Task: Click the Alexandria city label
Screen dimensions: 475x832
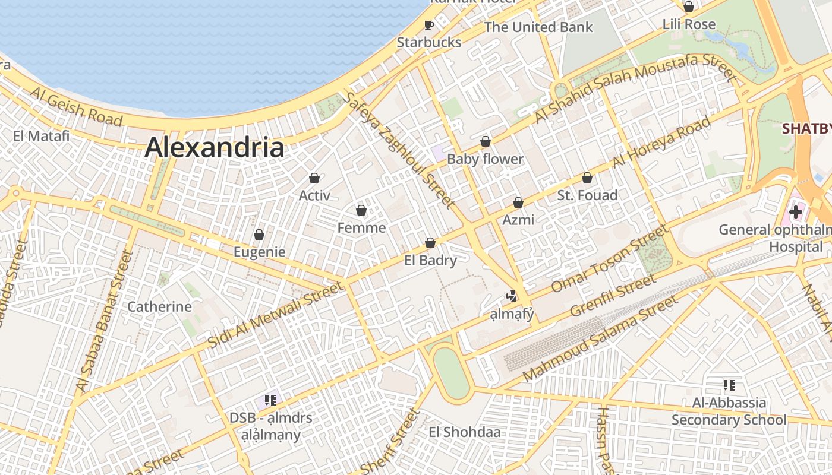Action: pyautogui.click(x=215, y=147)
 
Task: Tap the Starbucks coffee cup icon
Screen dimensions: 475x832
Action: pyautogui.click(x=429, y=25)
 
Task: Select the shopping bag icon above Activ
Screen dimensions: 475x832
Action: pyautogui.click(x=314, y=178)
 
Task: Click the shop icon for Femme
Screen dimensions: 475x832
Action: pyautogui.click(x=361, y=210)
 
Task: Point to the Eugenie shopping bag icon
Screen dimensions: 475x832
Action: pyautogui.click(x=259, y=235)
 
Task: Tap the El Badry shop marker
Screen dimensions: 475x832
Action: pyautogui.click(x=430, y=243)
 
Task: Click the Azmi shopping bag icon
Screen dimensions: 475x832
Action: pyautogui.click(x=518, y=202)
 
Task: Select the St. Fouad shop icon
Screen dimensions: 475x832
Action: pyautogui.click(x=587, y=178)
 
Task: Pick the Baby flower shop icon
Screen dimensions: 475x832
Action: pyautogui.click(x=486, y=141)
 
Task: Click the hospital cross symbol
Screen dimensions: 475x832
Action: pyautogui.click(x=795, y=211)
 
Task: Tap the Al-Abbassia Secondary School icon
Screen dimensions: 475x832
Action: pyautogui.click(x=729, y=385)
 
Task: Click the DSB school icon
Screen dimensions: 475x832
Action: pyautogui.click(x=270, y=400)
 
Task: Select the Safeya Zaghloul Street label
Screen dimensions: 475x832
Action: pyautogui.click(x=399, y=151)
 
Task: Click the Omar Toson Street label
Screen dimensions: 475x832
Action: pyautogui.click(x=610, y=259)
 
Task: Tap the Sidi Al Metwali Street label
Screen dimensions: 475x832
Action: pyautogui.click(x=275, y=315)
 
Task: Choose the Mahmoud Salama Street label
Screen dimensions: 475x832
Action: pyautogui.click(x=600, y=338)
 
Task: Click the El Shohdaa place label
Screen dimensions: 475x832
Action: pyautogui.click(x=465, y=432)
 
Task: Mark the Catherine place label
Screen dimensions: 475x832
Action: pyautogui.click(x=160, y=307)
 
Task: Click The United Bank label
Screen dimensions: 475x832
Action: pyautogui.click(x=538, y=27)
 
